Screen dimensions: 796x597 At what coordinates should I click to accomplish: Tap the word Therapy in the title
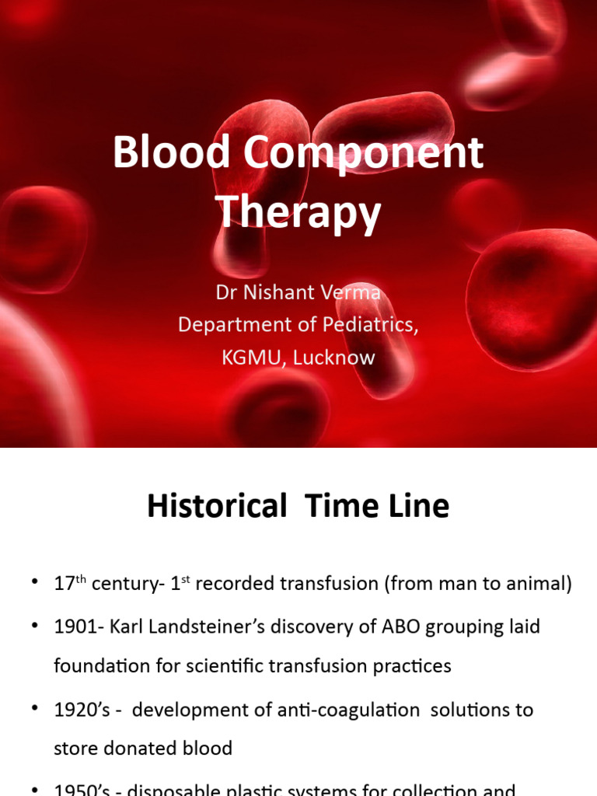298,211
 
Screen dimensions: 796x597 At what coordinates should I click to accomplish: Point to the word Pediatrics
372,325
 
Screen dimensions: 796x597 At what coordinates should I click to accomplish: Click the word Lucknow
336,358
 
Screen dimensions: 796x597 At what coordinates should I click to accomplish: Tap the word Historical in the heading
217,507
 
